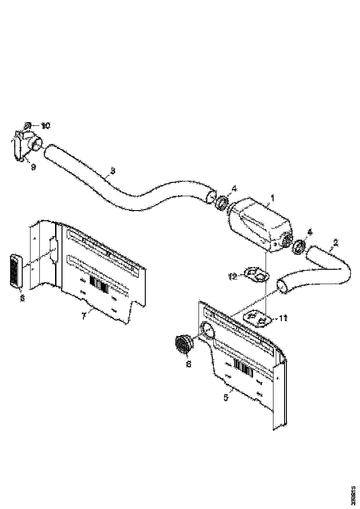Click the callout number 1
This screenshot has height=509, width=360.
[273, 198]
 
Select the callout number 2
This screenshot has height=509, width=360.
[335, 242]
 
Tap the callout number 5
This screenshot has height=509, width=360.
[226, 397]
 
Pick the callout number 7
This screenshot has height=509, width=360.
[84, 316]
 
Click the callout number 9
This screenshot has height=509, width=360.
[33, 168]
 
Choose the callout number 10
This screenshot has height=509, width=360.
[45, 125]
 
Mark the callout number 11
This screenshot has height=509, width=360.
[283, 317]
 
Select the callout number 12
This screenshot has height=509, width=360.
[233, 276]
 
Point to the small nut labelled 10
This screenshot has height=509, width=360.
[28, 125]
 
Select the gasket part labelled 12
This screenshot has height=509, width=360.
[256, 274]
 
